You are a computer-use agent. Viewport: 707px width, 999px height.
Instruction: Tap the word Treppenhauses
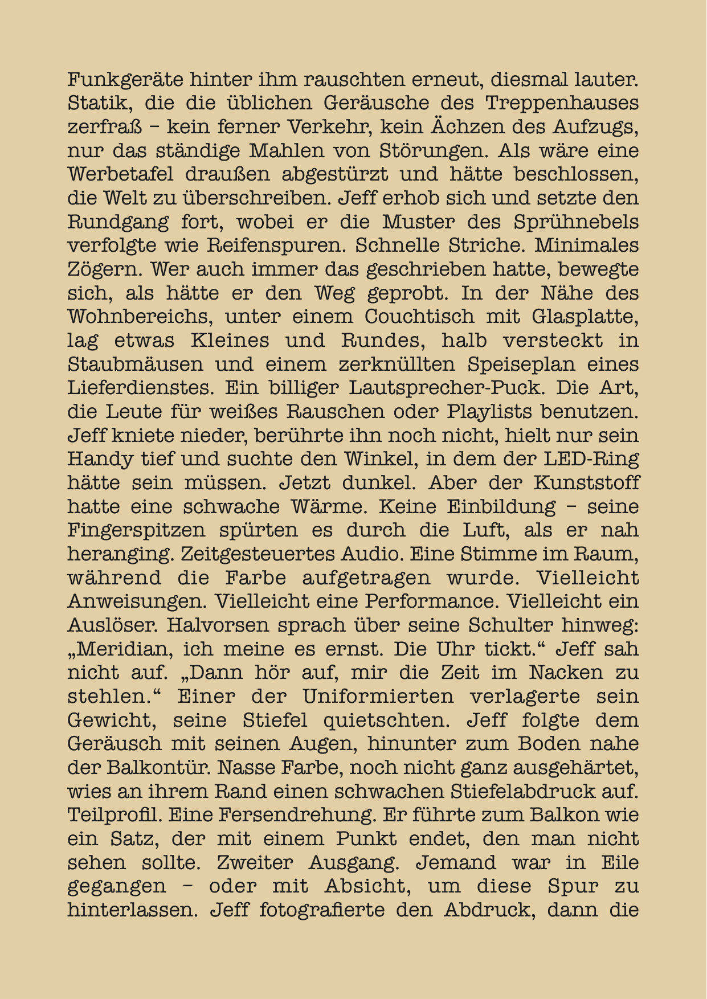point(562,103)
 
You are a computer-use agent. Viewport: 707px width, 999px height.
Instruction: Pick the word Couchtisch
point(419,317)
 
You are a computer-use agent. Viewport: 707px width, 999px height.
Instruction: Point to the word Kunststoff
point(587,483)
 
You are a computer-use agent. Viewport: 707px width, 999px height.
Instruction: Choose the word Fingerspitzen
point(136,530)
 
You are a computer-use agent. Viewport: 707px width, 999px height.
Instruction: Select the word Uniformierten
point(378,697)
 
